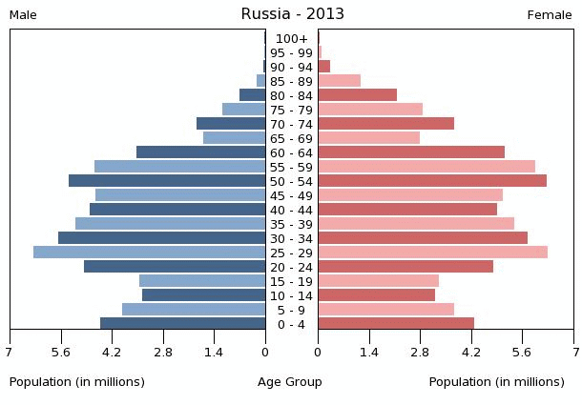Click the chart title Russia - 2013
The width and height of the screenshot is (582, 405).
pyautogui.click(x=292, y=14)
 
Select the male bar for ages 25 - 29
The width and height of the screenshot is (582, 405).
pyautogui.click(x=149, y=253)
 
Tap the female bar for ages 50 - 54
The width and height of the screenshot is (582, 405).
pyautogui.click(x=431, y=181)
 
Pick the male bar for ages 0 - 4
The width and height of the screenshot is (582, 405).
pyautogui.click(x=182, y=324)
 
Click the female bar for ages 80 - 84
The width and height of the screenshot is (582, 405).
pyautogui.click(x=357, y=95)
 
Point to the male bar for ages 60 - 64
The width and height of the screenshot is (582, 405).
pyautogui.click(x=200, y=152)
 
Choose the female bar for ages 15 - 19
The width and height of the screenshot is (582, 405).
pyautogui.click(x=378, y=281)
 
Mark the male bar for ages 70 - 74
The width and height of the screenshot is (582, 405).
pyautogui.click(x=231, y=124)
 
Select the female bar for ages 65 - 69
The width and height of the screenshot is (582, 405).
pyautogui.click(x=368, y=138)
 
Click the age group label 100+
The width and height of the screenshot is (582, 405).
pyautogui.click(x=291, y=39)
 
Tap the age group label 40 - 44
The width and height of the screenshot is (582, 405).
pyautogui.click(x=291, y=211)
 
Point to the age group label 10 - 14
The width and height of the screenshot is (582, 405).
pyautogui.click(x=291, y=296)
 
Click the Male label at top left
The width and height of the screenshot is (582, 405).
pyautogui.click(x=23, y=15)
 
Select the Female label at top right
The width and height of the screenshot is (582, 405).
pyautogui.click(x=550, y=15)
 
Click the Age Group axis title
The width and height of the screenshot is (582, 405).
pyautogui.click(x=290, y=382)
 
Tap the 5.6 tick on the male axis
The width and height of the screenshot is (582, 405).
pyautogui.click(x=61, y=352)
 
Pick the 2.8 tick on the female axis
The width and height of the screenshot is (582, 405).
pyautogui.click(x=420, y=352)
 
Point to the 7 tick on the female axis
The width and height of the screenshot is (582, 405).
pyautogui.click(x=573, y=352)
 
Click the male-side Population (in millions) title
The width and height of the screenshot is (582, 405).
pyautogui.click(x=77, y=382)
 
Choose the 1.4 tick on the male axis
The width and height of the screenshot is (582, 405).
pyautogui.click(x=214, y=352)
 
